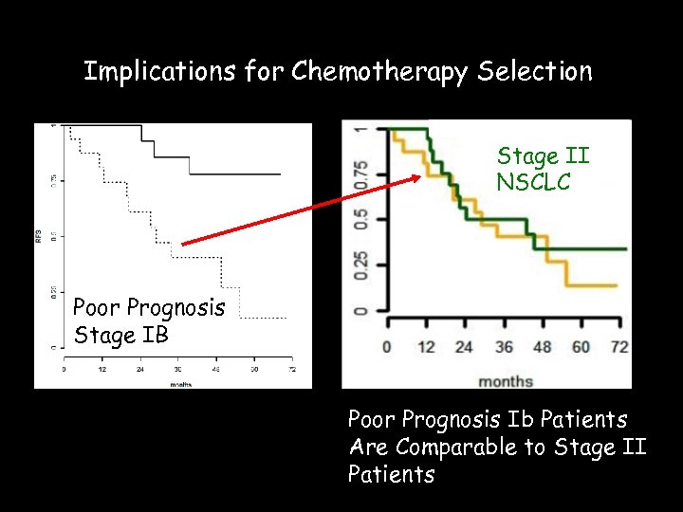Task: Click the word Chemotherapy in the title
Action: point(378,71)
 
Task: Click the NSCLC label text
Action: point(533,181)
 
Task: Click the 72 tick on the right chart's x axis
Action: point(618,347)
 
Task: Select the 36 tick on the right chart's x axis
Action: point(503,347)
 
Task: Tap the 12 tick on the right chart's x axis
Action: point(425,347)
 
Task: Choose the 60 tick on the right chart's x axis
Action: point(581,347)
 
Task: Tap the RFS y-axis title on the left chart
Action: point(40,236)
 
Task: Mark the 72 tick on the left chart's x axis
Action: point(292,368)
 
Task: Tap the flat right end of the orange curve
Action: point(603,284)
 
